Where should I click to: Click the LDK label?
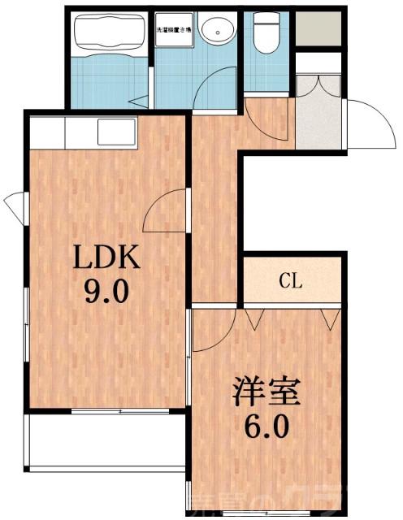[x=107, y=258]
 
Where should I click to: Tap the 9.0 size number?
[x=107, y=291]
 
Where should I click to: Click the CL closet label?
[x=290, y=282]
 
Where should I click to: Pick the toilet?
[x=264, y=32]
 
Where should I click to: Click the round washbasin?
[x=217, y=33]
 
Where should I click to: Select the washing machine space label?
[x=173, y=30]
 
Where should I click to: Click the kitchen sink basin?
[x=116, y=132]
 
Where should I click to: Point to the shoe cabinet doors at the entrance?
[x=318, y=84]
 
